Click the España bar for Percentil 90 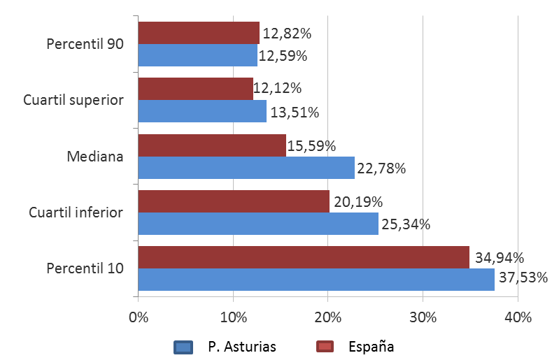pos(199,33)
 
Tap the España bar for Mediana pos(212,145)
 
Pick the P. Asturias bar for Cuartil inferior pos(258,224)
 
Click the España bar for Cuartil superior pos(195,89)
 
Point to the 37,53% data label pos(523,280)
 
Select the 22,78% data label pos(381,168)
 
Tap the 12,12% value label pos(278,88)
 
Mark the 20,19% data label pos(357,201)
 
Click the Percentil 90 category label pos(85,44)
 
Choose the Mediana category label pos(95,156)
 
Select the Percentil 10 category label pos(85,268)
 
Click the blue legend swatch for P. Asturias pos(183,347)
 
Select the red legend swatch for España pos(326,347)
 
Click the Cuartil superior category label pos(73,100)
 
